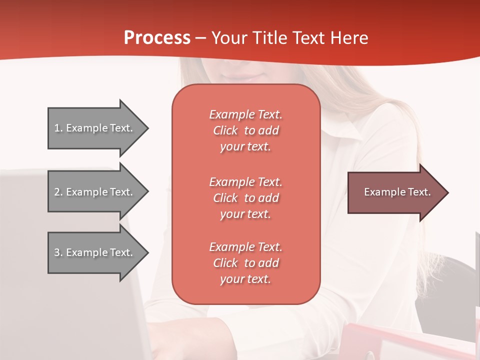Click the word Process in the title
coord(157,38)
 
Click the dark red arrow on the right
coord(395,192)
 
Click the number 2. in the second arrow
coord(58,192)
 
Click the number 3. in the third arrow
coord(58,252)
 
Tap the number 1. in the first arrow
coord(58,128)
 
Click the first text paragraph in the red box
coord(245,130)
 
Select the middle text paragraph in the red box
coord(245,198)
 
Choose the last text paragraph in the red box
coord(245,263)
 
